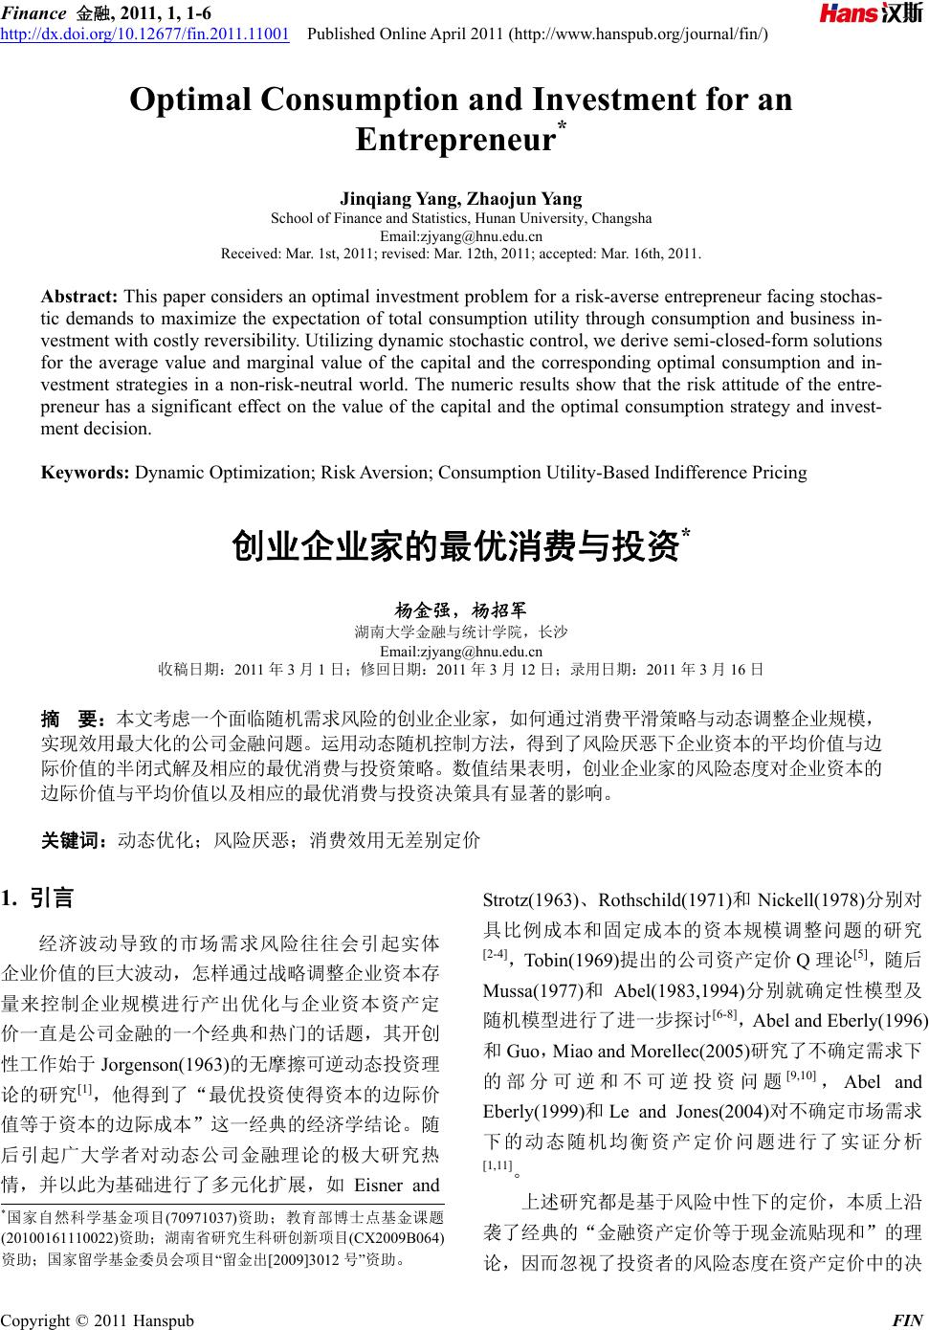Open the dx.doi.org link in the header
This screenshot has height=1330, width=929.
tap(145, 34)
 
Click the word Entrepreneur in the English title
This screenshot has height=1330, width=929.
tap(455, 140)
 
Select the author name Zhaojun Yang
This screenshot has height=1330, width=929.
tap(525, 199)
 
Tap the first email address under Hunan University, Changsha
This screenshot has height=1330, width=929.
tap(461, 235)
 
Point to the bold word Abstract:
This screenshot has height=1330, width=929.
tap(79, 297)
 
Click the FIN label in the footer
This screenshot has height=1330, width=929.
tap(906, 1320)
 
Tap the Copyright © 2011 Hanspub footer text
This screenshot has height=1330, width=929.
tap(97, 1320)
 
